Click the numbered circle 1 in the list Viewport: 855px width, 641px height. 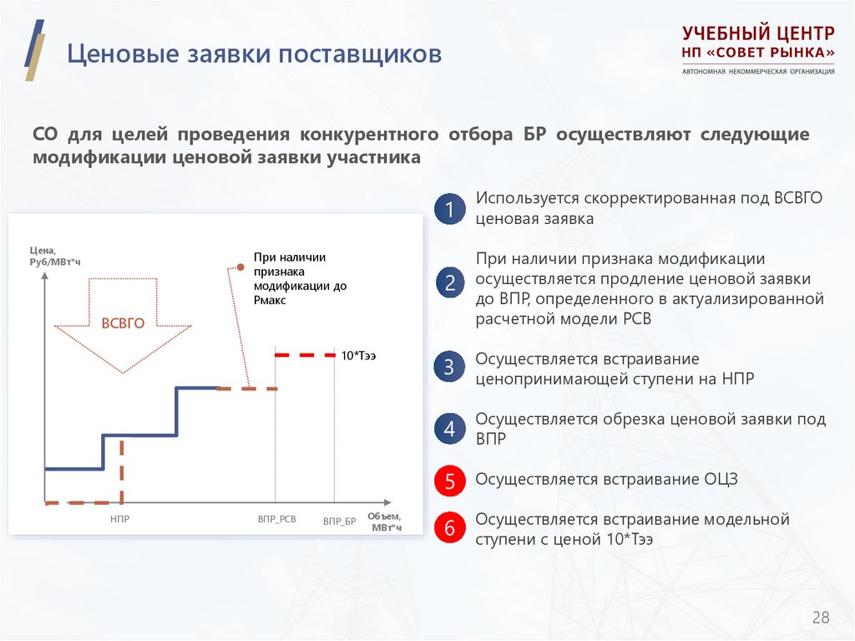click(449, 210)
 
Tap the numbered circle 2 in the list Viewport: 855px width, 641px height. click(449, 283)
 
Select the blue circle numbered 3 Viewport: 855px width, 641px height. click(449, 368)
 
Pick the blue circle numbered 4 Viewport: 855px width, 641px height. click(449, 430)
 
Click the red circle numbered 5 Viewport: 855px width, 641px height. click(449, 481)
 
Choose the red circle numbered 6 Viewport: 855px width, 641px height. click(449, 529)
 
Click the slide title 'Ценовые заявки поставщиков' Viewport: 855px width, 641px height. click(255, 55)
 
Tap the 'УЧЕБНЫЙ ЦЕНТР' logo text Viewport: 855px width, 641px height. click(757, 34)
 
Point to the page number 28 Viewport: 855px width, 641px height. click(821, 618)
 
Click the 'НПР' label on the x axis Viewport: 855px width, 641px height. click(119, 520)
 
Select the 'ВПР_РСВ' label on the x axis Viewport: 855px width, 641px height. click(276, 520)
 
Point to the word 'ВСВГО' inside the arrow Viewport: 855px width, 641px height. click(123, 324)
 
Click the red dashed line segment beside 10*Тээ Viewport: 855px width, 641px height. click(305, 355)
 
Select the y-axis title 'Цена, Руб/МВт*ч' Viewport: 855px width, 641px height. click(55, 256)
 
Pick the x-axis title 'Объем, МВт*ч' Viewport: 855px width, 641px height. click(385, 521)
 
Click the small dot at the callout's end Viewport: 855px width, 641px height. click(240, 267)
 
